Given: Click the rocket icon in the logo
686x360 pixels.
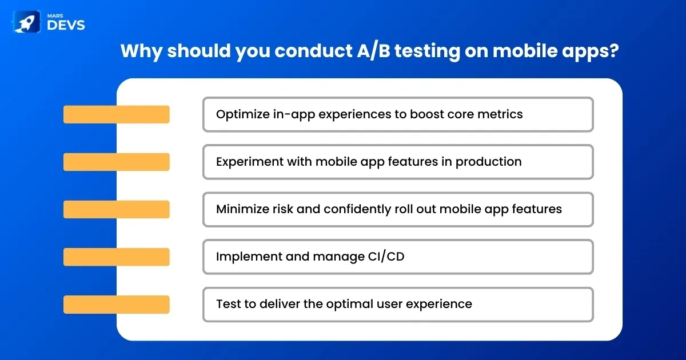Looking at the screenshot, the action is point(26,22).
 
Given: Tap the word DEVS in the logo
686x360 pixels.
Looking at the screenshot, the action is point(66,25).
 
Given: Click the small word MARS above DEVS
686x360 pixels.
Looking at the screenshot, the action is point(55,15).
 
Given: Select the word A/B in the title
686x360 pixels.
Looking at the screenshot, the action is point(374,50).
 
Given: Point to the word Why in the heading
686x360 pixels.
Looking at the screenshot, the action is point(142,51).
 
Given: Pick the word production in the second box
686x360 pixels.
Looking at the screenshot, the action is point(488,162).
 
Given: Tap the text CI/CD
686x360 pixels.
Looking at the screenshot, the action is point(386,257).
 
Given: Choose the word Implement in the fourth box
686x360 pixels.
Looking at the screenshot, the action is point(249,257).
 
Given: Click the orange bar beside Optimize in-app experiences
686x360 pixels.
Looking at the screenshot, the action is point(117,114).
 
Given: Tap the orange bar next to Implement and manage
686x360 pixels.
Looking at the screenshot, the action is point(117,257).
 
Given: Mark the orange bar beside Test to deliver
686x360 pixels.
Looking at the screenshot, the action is point(117,304).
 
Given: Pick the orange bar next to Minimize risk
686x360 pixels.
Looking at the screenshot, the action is point(117,209).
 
